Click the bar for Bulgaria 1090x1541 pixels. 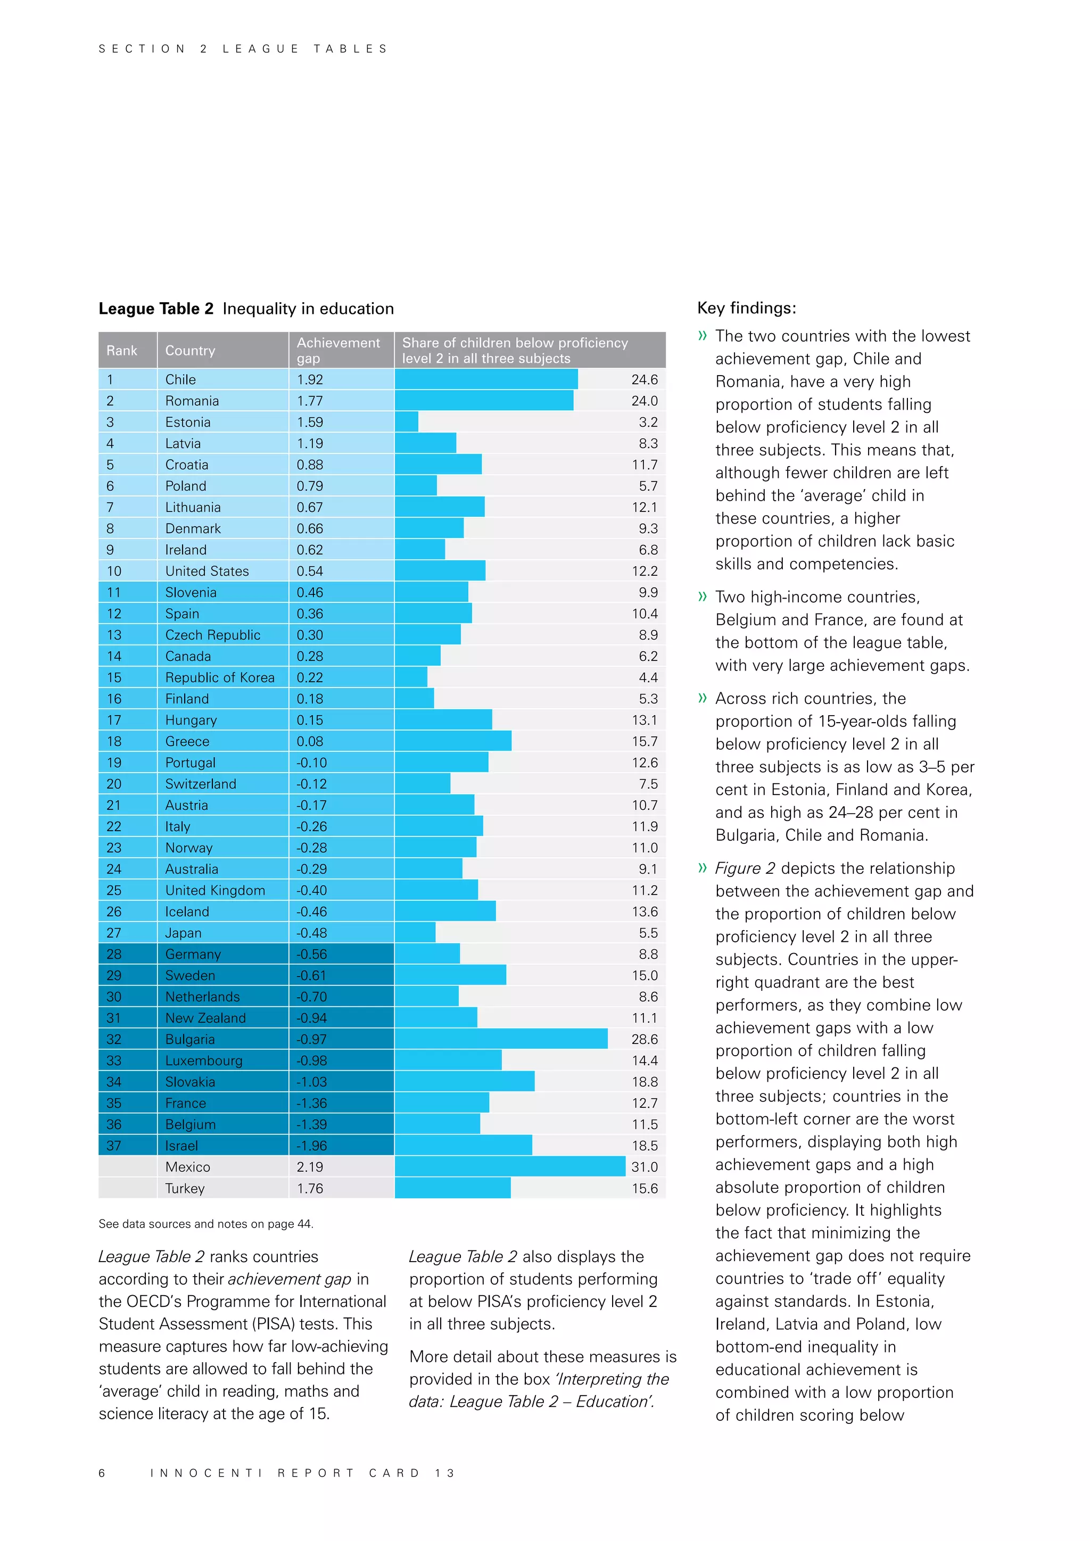pyautogui.click(x=501, y=1039)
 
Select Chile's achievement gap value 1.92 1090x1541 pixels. pyautogui.click(x=310, y=379)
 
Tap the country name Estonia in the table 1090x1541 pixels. pyautogui.click(x=188, y=422)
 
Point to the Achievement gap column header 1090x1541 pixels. pyautogui.click(x=338, y=350)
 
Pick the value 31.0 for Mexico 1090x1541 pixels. pyautogui.click(x=645, y=1166)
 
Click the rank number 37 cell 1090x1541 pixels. pyautogui.click(x=114, y=1146)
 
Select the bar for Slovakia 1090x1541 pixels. pyautogui.click(x=465, y=1081)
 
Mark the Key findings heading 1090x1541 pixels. pyautogui.click(x=746, y=308)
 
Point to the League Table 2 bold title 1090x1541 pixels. pyautogui.click(x=156, y=309)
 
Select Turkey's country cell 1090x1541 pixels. pyautogui.click(x=185, y=1188)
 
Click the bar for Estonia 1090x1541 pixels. pyautogui.click(x=406, y=422)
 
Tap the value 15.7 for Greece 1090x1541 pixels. pyautogui.click(x=645, y=741)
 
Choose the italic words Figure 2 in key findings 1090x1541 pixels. pyautogui.click(x=745, y=868)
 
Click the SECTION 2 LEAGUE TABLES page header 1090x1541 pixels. pyautogui.click(x=243, y=49)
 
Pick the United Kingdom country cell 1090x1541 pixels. pyautogui.click(x=215, y=890)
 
